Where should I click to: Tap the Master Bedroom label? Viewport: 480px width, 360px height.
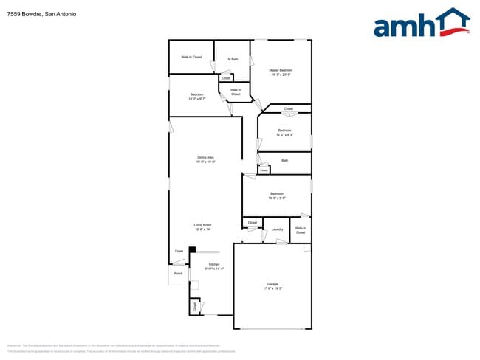pos(280,72)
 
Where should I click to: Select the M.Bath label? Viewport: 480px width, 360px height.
pos(233,59)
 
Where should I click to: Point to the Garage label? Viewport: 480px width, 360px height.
pos(272,285)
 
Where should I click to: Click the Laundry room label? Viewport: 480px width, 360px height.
pos(277,229)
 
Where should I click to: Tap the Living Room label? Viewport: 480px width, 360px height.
pos(203,226)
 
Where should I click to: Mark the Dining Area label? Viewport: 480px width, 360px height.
pos(205,159)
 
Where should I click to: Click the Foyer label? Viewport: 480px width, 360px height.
pos(179,252)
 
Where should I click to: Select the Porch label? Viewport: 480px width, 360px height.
pos(178,274)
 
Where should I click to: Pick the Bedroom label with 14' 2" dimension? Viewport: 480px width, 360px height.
pos(196,96)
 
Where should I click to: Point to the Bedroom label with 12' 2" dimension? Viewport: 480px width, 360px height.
pos(284,132)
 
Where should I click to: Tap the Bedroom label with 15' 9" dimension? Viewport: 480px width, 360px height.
pos(277,196)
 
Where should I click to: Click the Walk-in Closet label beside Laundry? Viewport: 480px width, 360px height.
pos(301,230)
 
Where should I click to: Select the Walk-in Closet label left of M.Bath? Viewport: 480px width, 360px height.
pos(191,57)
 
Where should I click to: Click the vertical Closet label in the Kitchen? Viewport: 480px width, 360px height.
pos(195,305)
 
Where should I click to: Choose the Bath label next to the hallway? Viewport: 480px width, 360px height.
pos(284,160)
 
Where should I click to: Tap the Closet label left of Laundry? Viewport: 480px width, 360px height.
pos(252,222)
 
